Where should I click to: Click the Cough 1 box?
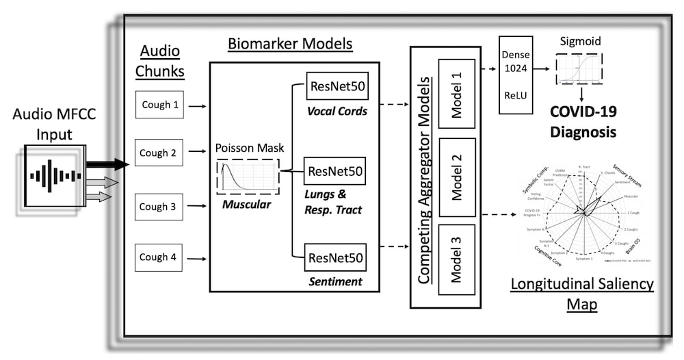(159, 105)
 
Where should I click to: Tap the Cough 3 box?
(159, 206)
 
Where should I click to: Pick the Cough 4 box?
(159, 257)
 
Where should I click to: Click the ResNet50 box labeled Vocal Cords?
(337, 86)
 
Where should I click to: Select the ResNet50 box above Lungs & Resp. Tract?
(335, 170)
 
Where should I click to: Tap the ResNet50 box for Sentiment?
(335, 258)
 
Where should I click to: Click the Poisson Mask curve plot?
(247, 177)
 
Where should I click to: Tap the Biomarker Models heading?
(290, 44)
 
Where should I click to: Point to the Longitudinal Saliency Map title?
(581, 292)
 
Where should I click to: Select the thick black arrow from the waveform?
(107, 164)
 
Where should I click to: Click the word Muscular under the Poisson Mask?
(247, 204)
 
